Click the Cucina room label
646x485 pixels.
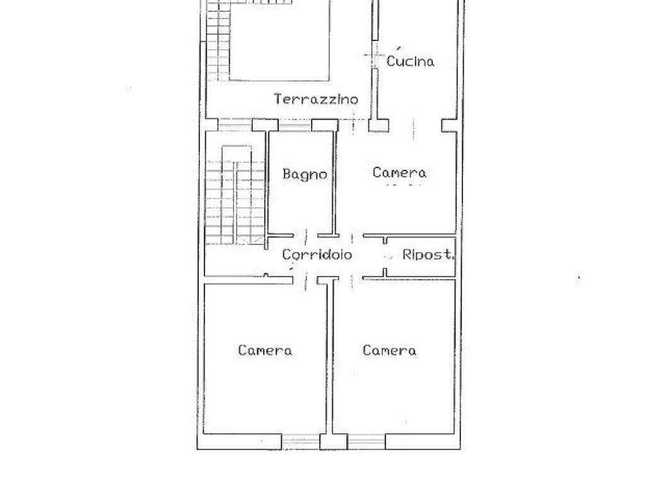410,61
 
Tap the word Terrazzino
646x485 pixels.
316,99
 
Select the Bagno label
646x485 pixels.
305,174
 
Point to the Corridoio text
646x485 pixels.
317,254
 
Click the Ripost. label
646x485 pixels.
428,254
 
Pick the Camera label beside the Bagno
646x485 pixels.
399,172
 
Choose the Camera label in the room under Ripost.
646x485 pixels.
389,350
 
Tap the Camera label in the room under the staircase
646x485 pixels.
265,350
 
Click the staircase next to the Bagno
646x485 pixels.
235,195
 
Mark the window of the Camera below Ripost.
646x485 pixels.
367,441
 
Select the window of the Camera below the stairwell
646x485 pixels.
301,441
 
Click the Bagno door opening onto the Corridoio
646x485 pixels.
306,236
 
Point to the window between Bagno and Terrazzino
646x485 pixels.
295,125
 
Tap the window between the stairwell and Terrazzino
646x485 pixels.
235,125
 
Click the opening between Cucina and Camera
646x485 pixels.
415,126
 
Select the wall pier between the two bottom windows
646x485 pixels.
334,441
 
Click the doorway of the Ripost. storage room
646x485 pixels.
385,256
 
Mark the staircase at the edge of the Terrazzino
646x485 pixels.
218,41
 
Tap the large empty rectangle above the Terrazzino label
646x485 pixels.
279,40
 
